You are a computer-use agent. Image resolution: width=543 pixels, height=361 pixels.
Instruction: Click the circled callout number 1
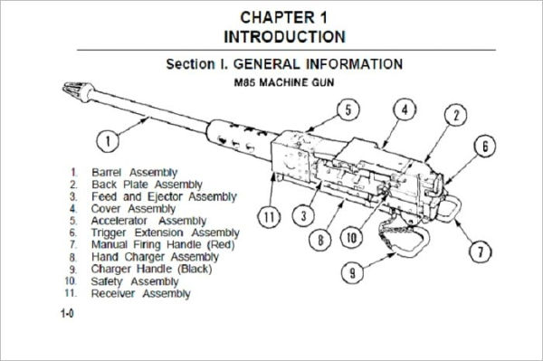click(x=109, y=140)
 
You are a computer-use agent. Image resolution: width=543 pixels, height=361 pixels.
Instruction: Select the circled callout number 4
click(x=405, y=110)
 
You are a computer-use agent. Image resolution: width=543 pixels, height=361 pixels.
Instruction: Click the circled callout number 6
click(x=485, y=147)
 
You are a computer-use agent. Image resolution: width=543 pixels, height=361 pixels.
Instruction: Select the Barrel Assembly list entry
click(x=134, y=172)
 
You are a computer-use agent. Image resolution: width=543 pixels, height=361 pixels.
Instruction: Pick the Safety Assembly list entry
click(x=133, y=281)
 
